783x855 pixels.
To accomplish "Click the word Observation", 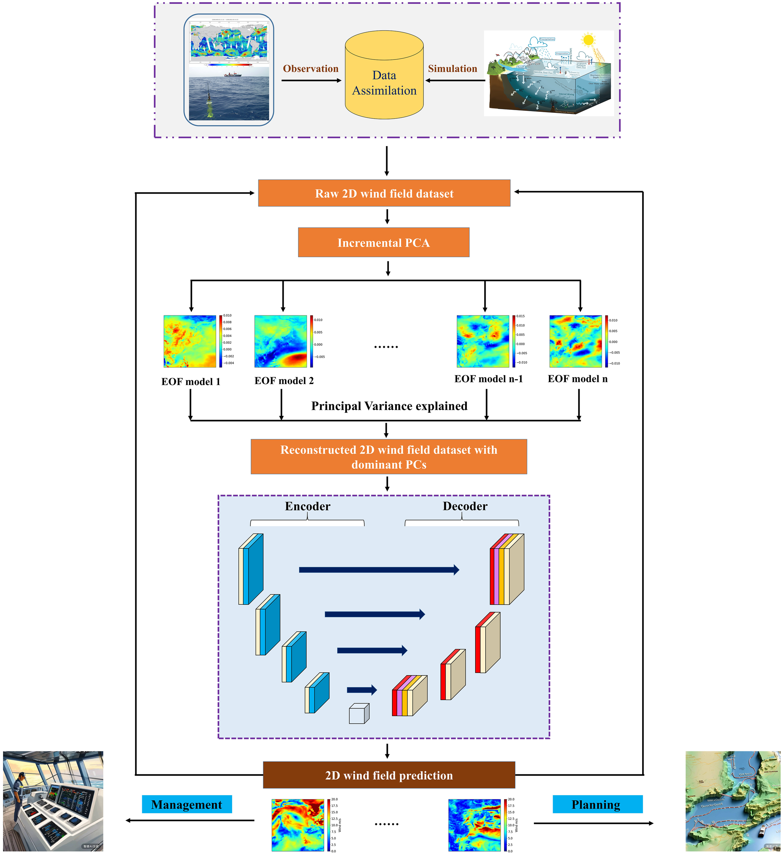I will [x=310, y=69].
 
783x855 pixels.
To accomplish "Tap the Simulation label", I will [x=452, y=69].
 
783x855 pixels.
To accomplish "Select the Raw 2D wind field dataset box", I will [x=384, y=193].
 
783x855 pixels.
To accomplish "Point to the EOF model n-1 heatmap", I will [x=483, y=341].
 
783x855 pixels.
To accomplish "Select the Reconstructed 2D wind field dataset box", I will [x=388, y=457].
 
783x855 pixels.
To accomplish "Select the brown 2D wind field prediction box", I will [x=389, y=775].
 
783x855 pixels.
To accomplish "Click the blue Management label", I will [x=187, y=804].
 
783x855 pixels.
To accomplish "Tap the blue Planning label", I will [x=597, y=804].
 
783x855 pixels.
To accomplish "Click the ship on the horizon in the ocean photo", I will [x=233, y=75].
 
